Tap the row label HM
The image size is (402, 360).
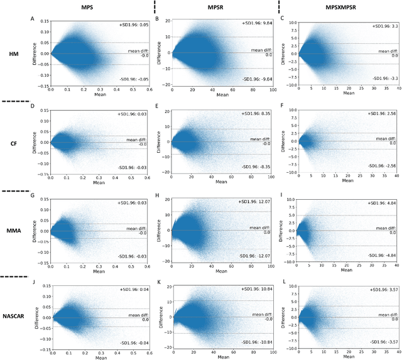click(14, 54)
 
